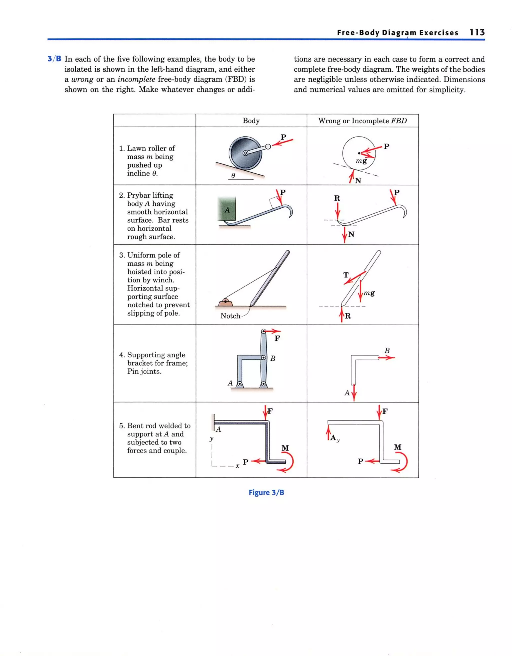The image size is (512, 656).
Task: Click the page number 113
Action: pyautogui.click(x=477, y=32)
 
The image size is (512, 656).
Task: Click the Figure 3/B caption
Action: pyautogui.click(x=266, y=493)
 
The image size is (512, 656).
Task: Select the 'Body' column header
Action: pyautogui.click(x=251, y=121)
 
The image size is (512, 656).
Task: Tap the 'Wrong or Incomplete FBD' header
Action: pyautogui.click(x=362, y=121)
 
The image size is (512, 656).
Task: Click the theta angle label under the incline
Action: pyautogui.click(x=233, y=175)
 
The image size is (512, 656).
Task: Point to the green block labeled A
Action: pyautogui.click(x=227, y=209)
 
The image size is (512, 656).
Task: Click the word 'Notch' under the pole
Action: pyautogui.click(x=230, y=316)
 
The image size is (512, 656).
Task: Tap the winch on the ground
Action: pyautogui.click(x=225, y=302)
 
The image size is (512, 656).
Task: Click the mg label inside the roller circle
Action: pyautogui.click(x=361, y=161)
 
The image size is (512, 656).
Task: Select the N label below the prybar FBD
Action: pyautogui.click(x=351, y=234)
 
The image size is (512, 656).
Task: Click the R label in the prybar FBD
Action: pyautogui.click(x=337, y=198)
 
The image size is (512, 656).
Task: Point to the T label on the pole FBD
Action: pyautogui.click(x=346, y=275)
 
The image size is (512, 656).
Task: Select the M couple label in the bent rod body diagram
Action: pyautogui.click(x=285, y=448)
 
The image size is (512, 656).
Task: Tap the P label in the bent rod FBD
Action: pyautogui.click(x=361, y=461)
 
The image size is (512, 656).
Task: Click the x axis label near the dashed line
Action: pyautogui.click(x=237, y=466)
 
